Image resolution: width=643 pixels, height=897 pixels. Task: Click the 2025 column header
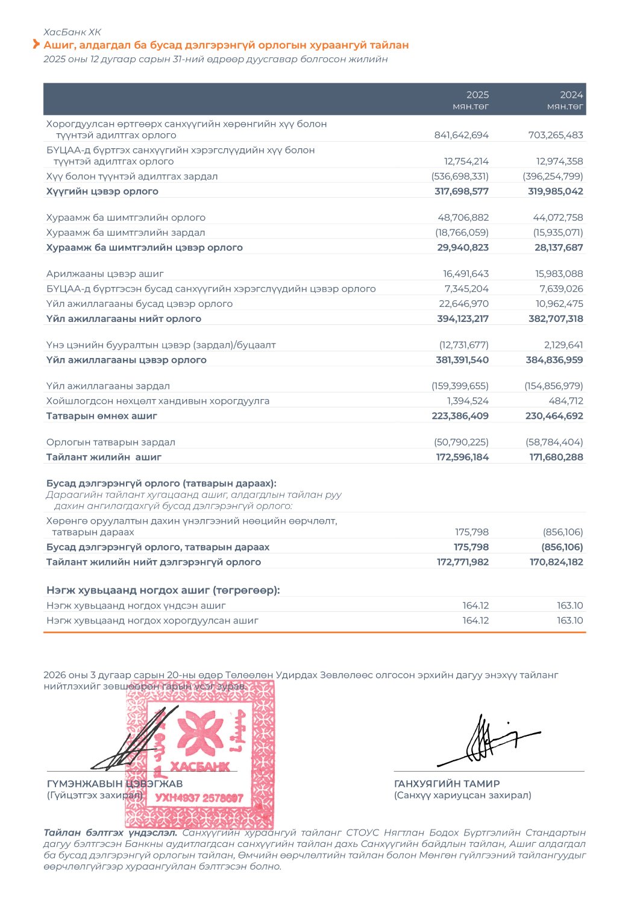click(477, 95)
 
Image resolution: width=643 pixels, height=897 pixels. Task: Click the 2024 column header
click(571, 95)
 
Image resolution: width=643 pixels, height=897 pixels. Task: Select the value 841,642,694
click(461, 135)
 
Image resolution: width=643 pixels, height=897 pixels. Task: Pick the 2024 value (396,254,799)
click(553, 176)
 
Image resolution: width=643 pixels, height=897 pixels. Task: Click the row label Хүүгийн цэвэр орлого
click(102, 191)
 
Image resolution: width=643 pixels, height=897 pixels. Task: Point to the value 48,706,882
click(463, 218)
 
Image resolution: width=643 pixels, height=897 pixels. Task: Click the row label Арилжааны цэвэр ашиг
click(105, 274)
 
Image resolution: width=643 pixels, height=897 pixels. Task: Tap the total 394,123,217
click(462, 318)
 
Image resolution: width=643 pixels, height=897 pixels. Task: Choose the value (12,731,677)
click(463, 345)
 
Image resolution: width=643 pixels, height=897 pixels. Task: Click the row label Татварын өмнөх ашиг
click(102, 416)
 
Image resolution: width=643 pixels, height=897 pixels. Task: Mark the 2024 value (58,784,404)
click(554, 442)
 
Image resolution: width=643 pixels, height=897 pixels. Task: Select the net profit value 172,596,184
click(462, 457)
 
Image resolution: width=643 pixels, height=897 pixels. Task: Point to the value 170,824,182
click(556, 562)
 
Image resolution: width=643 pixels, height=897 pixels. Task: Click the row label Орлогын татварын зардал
click(111, 442)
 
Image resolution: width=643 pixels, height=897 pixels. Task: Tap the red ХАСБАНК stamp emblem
click(200, 754)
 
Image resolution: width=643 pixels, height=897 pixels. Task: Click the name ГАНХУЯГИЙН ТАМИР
click(447, 784)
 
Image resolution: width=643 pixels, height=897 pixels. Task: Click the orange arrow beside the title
click(36, 45)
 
